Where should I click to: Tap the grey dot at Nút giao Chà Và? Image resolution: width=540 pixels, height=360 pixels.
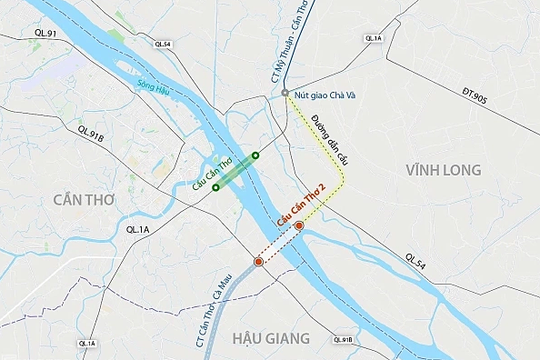click(285, 93)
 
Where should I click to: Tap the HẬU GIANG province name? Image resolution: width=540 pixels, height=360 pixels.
click(273, 337)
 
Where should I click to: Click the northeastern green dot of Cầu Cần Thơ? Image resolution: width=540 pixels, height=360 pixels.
click(255, 156)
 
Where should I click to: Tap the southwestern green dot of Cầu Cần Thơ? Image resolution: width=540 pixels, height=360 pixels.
click(216, 187)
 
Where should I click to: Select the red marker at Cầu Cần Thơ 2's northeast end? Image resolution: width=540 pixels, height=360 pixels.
click(299, 227)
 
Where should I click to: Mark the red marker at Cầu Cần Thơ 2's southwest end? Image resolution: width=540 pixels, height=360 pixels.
click(259, 261)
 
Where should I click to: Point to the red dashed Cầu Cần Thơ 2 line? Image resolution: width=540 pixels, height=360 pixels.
click(279, 244)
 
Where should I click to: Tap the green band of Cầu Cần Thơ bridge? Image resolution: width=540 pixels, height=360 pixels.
click(236, 171)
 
